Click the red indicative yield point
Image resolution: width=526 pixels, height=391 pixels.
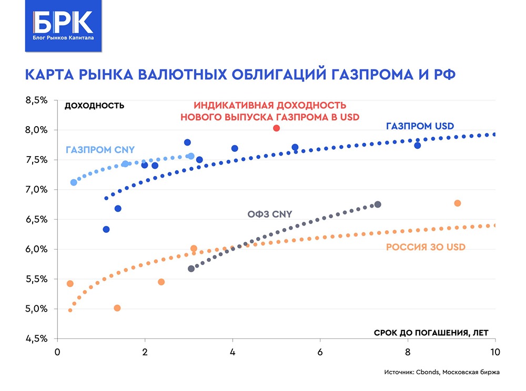pos(277,128)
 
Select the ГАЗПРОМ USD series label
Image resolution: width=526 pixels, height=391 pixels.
pos(419,126)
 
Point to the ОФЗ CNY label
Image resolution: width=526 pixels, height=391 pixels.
pos(269,214)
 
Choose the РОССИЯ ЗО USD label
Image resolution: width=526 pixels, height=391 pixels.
pos(426,246)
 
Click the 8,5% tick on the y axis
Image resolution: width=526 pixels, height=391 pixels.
pos(37,100)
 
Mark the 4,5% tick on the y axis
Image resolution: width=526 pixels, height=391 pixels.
pos(37,338)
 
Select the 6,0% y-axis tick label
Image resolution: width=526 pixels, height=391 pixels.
pos(37,249)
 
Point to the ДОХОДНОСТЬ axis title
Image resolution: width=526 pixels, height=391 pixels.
pos(94,105)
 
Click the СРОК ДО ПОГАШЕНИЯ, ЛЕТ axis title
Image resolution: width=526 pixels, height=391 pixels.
pos(431,332)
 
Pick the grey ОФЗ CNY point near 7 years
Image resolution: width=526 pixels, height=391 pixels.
pos(377,204)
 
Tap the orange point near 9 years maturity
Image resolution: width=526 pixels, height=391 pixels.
pos(457,203)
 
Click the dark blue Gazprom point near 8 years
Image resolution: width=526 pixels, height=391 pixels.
pos(417,146)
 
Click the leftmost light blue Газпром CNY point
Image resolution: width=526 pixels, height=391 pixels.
pos(74,182)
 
